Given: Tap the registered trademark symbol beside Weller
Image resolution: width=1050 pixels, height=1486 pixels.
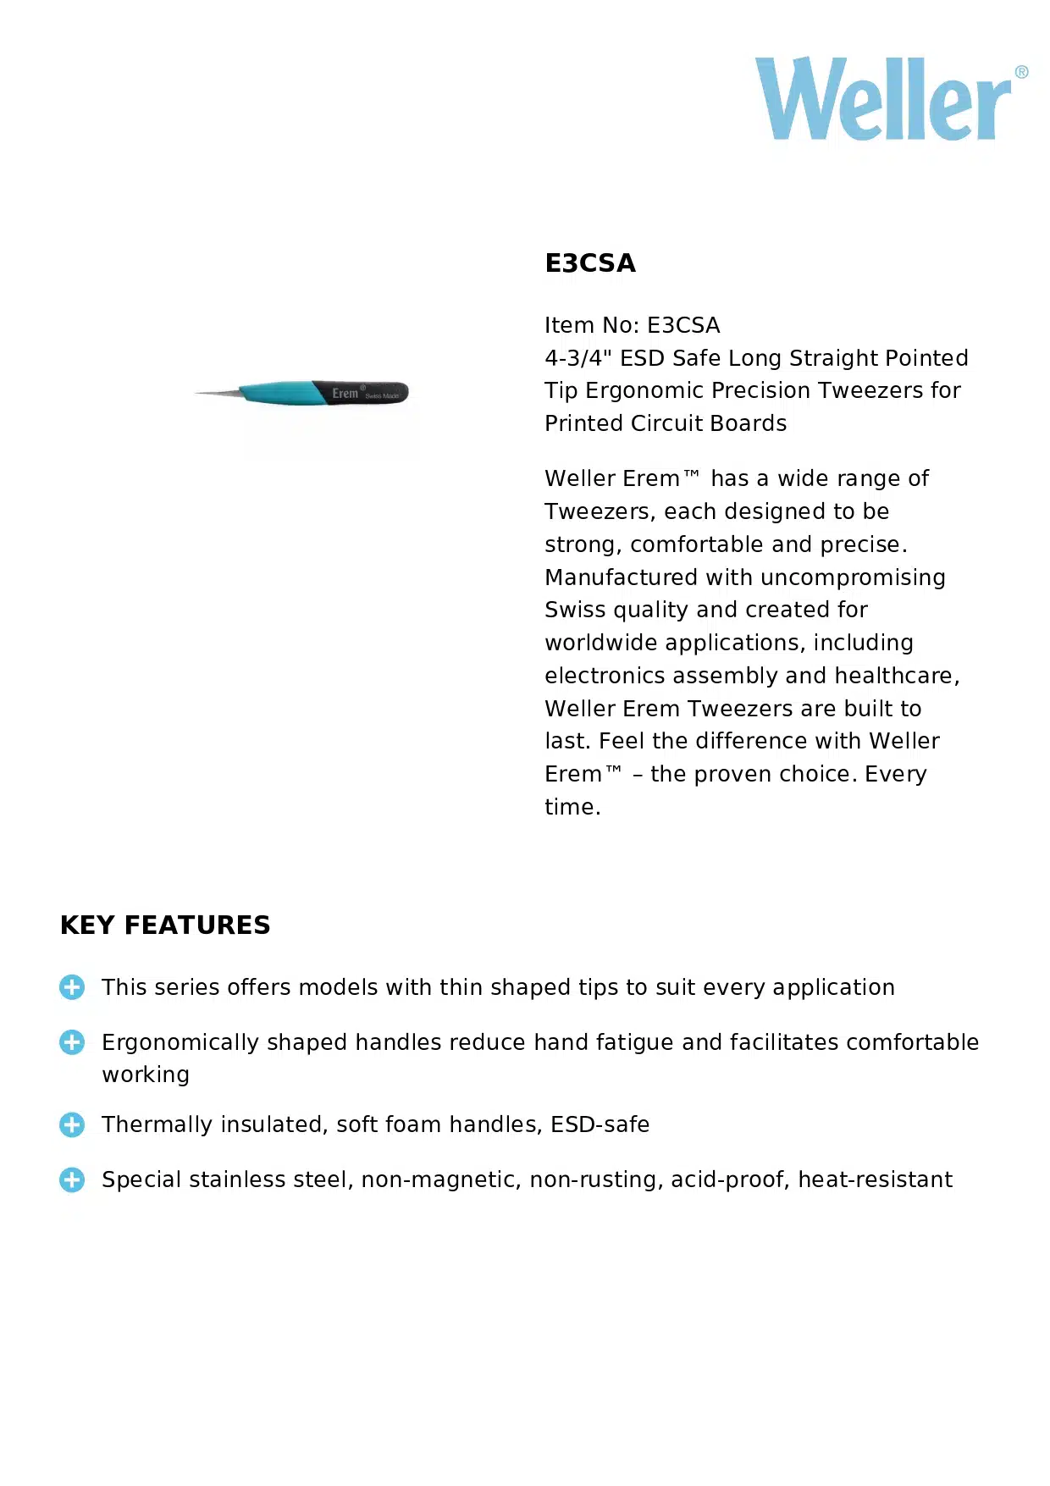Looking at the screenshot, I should click(1021, 72).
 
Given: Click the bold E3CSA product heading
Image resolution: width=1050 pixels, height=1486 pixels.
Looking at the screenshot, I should click(590, 263).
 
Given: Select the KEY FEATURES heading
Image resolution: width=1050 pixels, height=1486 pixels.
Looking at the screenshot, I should click(165, 925).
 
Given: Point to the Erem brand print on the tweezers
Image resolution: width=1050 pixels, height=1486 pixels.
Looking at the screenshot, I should click(345, 393).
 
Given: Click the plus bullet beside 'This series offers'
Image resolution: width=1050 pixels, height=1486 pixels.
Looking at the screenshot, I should click(72, 987).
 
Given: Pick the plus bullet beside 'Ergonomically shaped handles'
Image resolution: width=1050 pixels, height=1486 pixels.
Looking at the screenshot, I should click(72, 1042).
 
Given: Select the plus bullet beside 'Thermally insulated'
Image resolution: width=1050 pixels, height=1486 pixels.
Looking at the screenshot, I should click(72, 1124).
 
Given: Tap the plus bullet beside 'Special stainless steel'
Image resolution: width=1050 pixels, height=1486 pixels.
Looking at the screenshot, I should click(72, 1179).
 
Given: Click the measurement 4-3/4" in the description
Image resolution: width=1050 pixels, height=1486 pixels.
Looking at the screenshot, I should click(578, 358).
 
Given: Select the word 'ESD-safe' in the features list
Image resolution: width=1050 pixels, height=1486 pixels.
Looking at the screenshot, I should click(600, 1124).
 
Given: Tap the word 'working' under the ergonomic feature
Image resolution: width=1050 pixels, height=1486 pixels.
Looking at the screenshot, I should click(146, 1075).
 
